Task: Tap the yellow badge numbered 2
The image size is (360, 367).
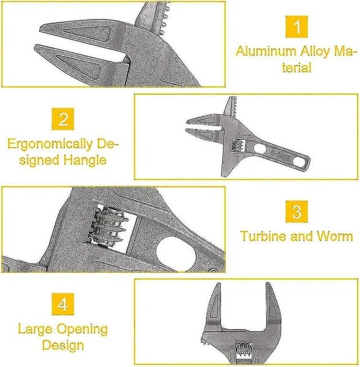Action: coord(63,119)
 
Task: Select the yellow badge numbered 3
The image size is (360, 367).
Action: coord(297,212)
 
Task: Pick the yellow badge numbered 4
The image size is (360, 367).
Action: coord(62,304)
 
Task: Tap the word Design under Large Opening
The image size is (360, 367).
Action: coord(62,346)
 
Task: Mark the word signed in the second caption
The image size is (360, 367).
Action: coord(38,160)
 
